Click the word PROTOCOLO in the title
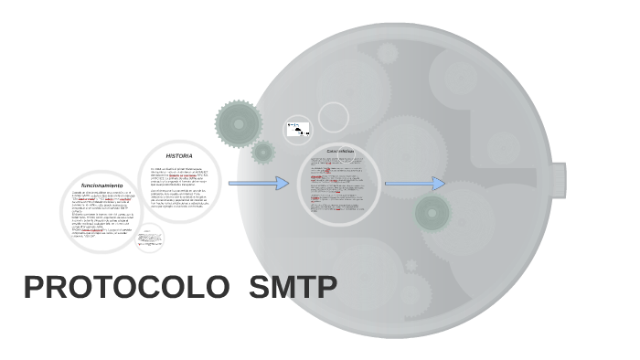point(126,288)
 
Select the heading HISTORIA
point(179,156)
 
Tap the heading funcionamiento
point(101,185)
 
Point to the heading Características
point(339,151)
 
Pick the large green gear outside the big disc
point(239,123)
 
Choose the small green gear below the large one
point(263,152)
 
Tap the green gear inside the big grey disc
point(432,213)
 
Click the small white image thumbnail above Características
point(298,130)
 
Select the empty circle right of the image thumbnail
point(334,117)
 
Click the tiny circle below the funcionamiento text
point(149,238)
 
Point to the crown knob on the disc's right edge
point(557,181)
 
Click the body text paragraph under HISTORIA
point(180,187)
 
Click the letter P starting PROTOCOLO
point(36,288)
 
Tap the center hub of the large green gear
point(239,123)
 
